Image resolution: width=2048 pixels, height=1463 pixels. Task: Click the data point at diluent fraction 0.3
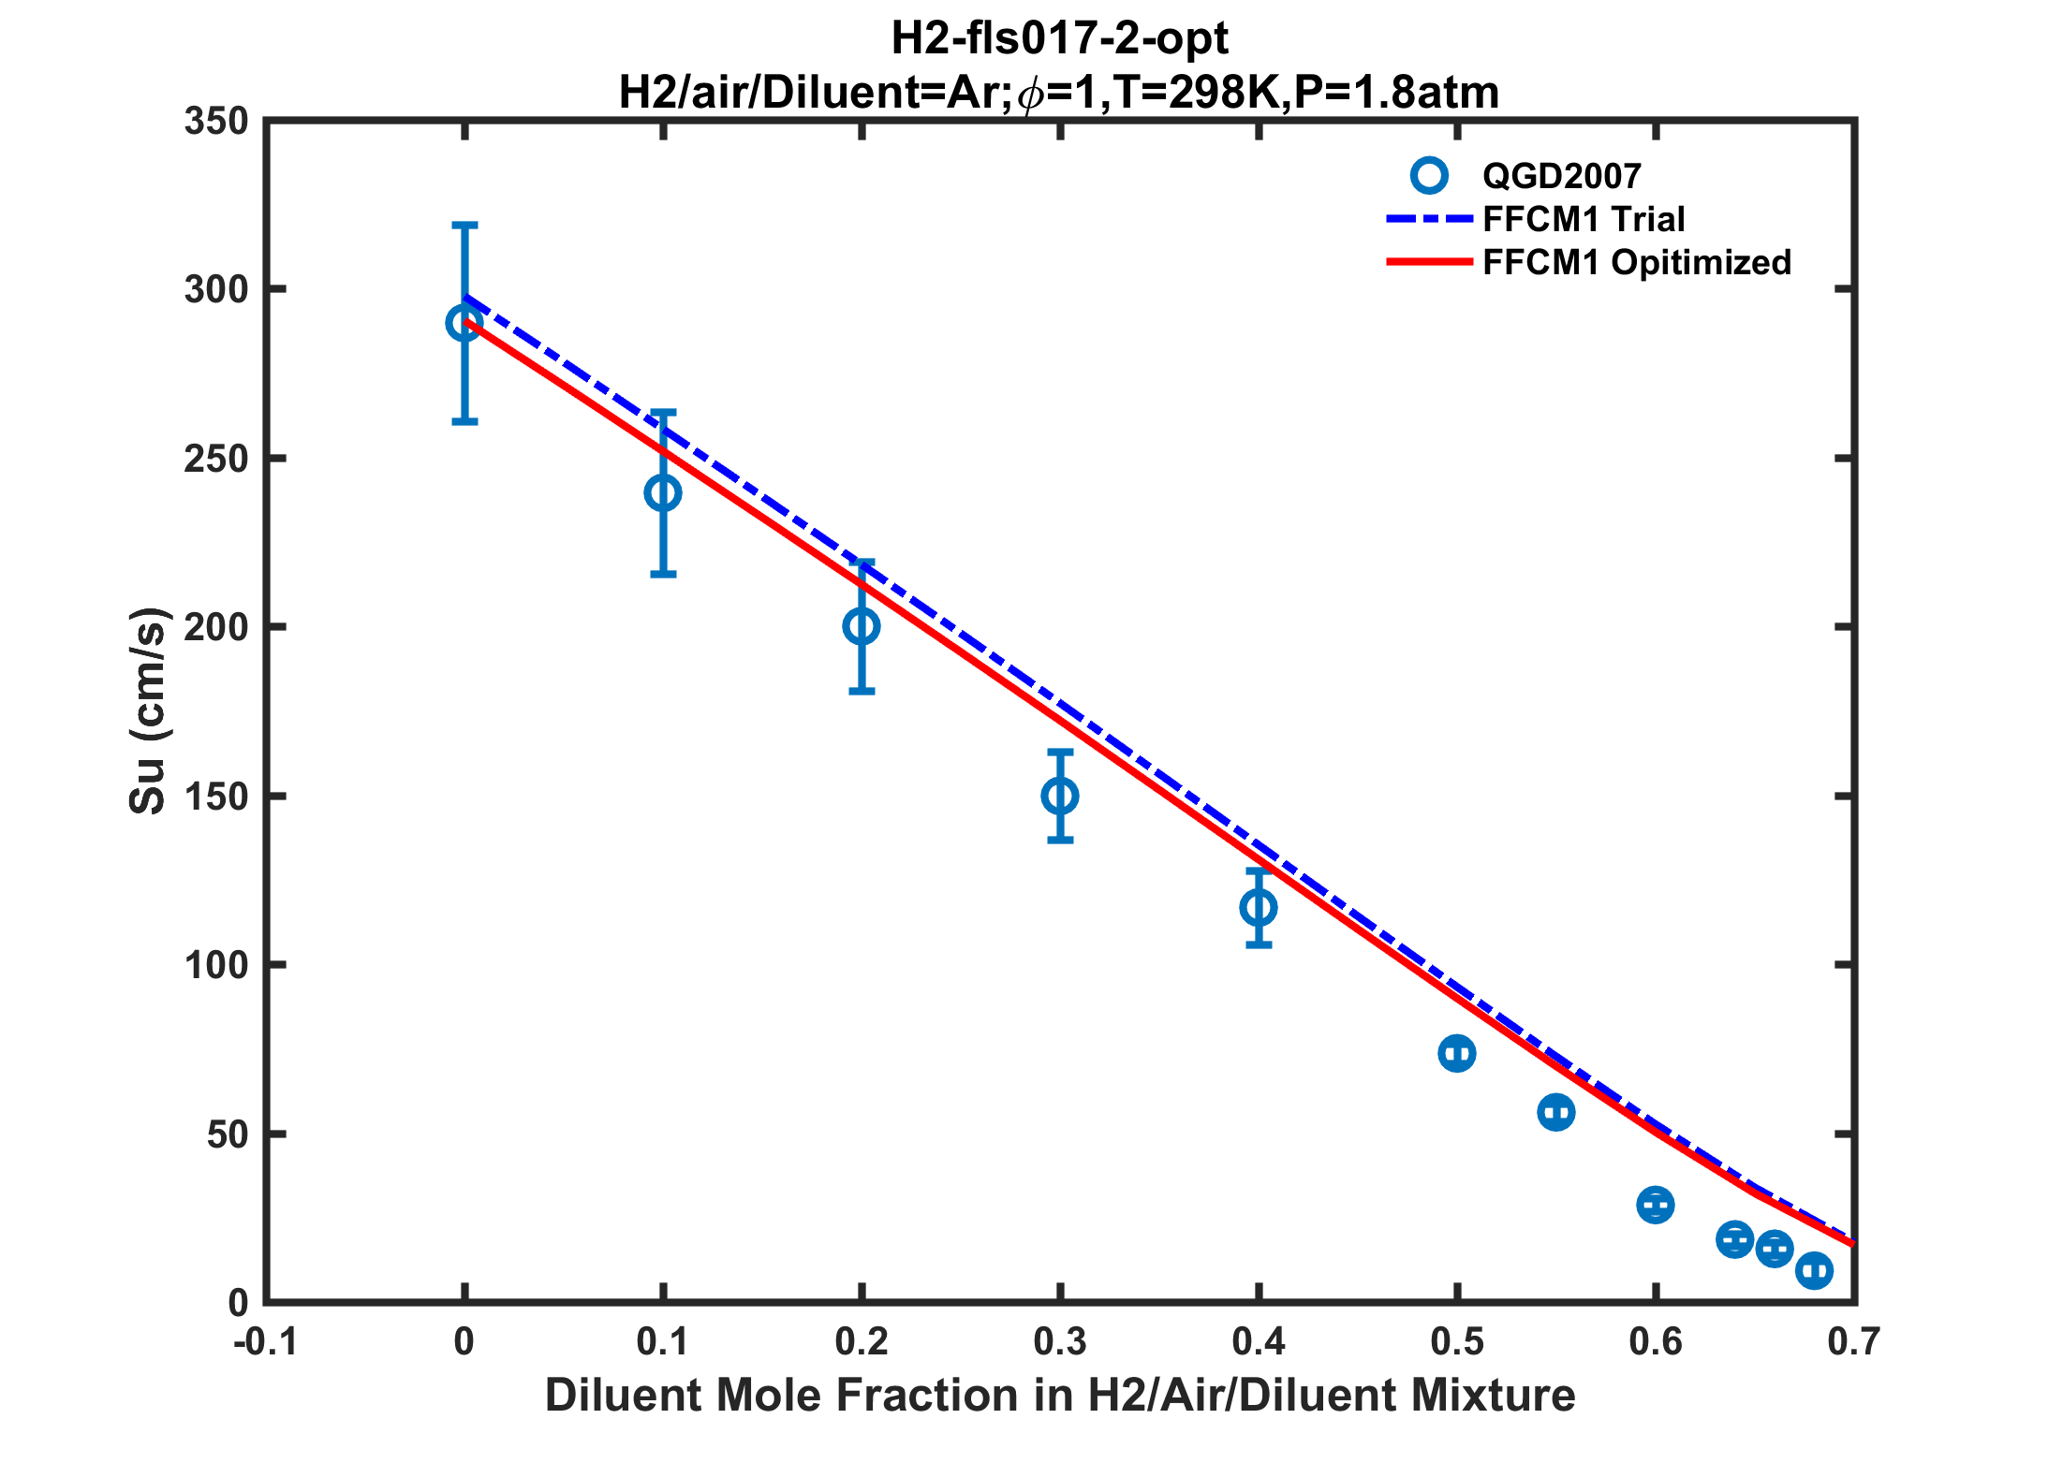(x=1060, y=796)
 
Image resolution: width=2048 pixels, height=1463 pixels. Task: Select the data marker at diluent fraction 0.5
(x=1456, y=1054)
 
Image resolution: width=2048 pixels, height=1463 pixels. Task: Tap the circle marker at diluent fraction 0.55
(x=1555, y=1113)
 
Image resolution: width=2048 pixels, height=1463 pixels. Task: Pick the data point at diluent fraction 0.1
(x=663, y=493)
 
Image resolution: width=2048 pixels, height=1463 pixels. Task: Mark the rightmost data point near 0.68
(x=1814, y=1270)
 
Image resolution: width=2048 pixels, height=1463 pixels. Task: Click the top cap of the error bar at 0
(x=465, y=225)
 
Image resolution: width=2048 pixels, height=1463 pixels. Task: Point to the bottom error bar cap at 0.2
(x=862, y=692)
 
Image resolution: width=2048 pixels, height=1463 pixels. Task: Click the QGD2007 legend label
(x=1561, y=176)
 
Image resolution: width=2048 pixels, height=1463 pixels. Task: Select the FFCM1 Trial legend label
(x=1584, y=219)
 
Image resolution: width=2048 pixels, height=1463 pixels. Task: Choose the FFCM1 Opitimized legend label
(x=1637, y=263)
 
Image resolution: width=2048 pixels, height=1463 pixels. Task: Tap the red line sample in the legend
(x=1429, y=263)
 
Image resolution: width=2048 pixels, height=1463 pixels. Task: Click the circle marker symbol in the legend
(x=1429, y=176)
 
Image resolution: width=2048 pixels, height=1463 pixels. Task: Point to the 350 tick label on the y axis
(x=216, y=122)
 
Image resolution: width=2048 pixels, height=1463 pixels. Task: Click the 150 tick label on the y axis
(x=216, y=797)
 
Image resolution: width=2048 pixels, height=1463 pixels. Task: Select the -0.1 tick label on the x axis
(x=265, y=1342)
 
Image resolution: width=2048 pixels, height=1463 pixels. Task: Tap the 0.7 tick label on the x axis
(x=1853, y=1342)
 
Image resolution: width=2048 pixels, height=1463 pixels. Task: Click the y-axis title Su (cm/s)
(x=148, y=711)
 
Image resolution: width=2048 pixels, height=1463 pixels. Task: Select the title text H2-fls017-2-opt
(x=1059, y=39)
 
